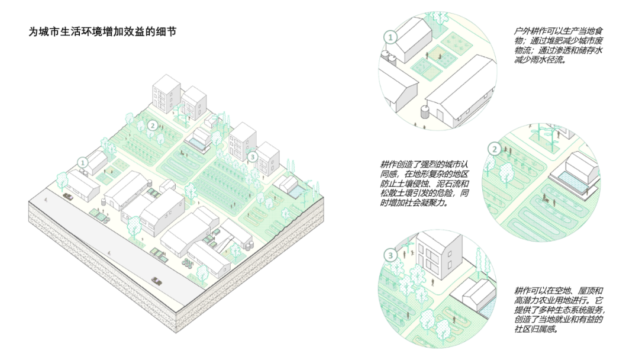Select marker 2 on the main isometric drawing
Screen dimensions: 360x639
(153, 125)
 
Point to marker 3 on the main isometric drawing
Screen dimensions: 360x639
(253, 157)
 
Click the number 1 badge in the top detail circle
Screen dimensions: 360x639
(390, 37)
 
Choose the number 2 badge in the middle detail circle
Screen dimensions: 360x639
(494, 149)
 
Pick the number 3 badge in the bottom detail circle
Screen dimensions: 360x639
(390, 256)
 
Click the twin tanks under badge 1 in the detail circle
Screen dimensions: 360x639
(388, 56)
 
